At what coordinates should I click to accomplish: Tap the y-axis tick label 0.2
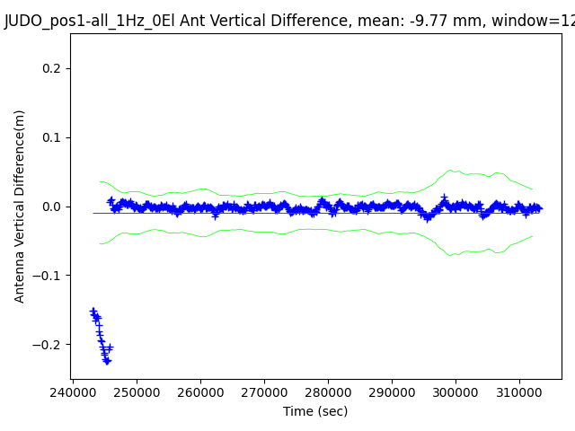point(52,68)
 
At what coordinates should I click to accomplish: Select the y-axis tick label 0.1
point(52,137)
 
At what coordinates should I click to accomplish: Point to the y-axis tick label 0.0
point(52,207)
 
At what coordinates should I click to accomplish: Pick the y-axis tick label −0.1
point(49,276)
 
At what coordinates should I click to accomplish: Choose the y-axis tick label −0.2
point(49,345)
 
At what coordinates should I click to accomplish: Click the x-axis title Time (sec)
point(315,411)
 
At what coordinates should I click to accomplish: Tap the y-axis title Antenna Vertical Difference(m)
point(20,206)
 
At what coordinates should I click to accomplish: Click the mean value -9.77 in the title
point(411,22)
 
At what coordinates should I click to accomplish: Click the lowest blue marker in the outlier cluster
point(107,361)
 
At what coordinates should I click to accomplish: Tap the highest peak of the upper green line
point(450,170)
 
